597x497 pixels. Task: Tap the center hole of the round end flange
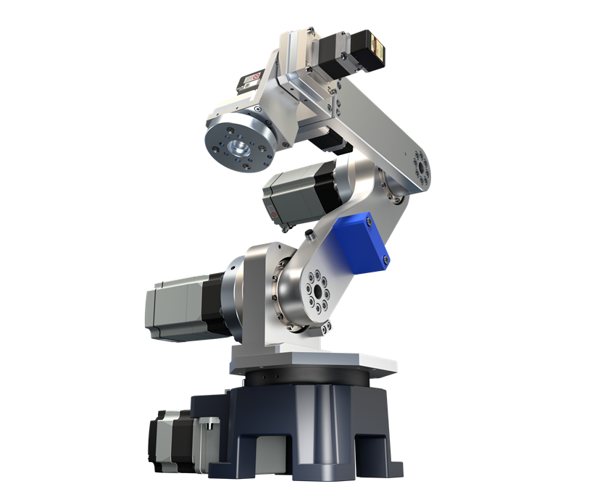pyautogui.click(x=238, y=147)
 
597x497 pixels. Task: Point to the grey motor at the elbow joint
pyautogui.click(x=293, y=194)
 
